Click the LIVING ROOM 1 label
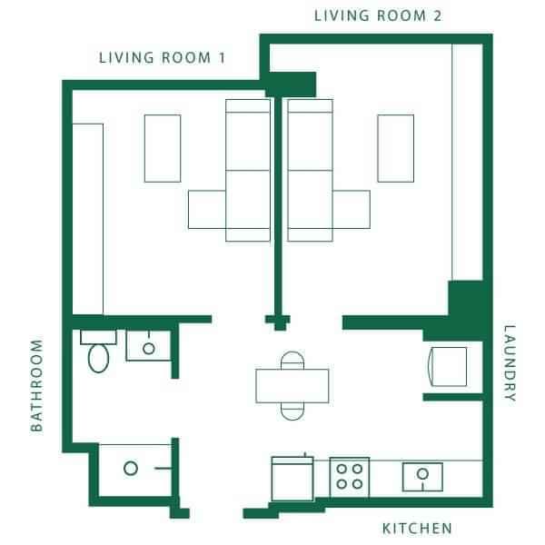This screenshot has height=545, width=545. pyautogui.click(x=162, y=58)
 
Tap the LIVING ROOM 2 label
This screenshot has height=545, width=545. pyautogui.click(x=378, y=15)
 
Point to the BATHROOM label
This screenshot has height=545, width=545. pyautogui.click(x=37, y=385)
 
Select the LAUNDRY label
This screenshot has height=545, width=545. pyautogui.click(x=509, y=363)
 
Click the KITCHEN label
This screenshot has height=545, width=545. pyautogui.click(x=417, y=528)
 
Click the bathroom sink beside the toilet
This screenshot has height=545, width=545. pyautogui.click(x=144, y=346)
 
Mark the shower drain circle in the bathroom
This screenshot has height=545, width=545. pyautogui.click(x=130, y=469)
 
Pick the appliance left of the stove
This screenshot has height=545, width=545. pyautogui.click(x=292, y=477)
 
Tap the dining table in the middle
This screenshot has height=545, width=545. pyautogui.click(x=292, y=386)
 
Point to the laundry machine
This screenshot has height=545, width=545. pyautogui.click(x=448, y=366)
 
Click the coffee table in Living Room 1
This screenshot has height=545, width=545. pyautogui.click(x=163, y=148)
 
